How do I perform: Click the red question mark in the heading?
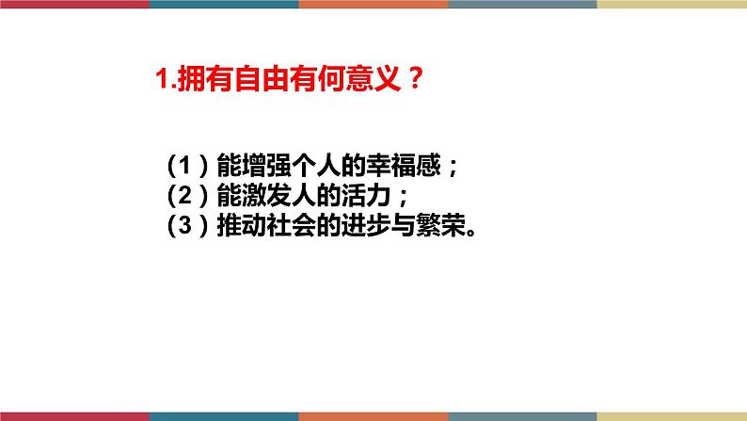click(415, 78)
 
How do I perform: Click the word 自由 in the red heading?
click(261, 78)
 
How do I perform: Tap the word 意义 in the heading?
click(373, 78)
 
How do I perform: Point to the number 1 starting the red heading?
click(163, 79)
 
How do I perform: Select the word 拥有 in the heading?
click(205, 78)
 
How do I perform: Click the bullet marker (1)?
click(188, 166)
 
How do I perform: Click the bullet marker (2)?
click(188, 195)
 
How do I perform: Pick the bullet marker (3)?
click(188, 225)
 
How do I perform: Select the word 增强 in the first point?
click(266, 166)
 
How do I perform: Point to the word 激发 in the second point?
click(266, 195)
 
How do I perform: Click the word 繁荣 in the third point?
click(440, 225)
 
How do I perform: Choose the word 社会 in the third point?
click(291, 225)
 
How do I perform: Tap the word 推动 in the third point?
click(242, 225)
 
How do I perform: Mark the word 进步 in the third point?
click(365, 225)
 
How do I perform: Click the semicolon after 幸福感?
click(453, 168)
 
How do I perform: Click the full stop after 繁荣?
click(471, 233)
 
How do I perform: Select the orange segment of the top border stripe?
click(373, 4)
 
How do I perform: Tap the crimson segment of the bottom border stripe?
click(74, 416)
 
